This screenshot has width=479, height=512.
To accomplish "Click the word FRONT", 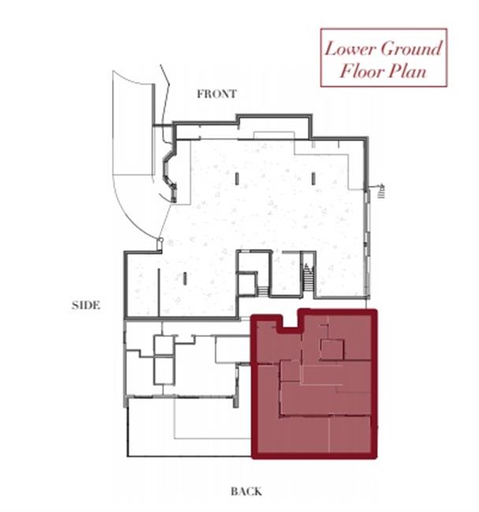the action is (217, 94).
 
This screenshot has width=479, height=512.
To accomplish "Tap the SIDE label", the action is (86, 306).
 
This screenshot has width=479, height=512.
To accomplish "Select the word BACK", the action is (246, 492).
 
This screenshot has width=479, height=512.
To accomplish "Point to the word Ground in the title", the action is (411, 49).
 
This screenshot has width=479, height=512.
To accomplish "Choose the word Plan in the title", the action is (408, 71).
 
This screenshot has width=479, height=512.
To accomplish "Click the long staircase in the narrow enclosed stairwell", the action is (307, 277).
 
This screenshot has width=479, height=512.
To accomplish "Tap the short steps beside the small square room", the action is (263, 291).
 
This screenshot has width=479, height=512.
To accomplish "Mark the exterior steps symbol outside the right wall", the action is (381, 191).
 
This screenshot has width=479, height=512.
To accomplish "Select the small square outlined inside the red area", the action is (332, 350).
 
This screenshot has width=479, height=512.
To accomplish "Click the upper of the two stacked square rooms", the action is (164, 346).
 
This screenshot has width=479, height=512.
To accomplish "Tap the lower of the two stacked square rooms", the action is (164, 371).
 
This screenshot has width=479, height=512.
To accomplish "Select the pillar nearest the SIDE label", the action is (185, 278).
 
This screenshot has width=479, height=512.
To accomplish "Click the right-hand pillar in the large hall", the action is (314, 179).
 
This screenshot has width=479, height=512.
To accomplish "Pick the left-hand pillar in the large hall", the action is (237, 179).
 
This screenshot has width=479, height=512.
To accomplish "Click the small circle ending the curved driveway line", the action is (160, 240).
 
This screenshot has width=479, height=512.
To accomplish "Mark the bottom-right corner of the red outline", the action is (375, 456).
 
